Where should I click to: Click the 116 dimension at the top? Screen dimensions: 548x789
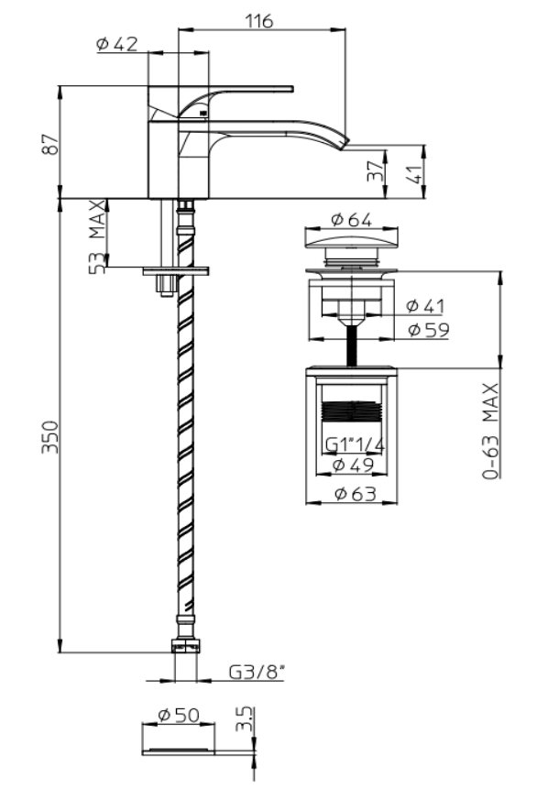pos(259,21)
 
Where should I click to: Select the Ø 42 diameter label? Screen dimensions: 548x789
pos(116,44)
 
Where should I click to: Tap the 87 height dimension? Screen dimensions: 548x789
pos(50,145)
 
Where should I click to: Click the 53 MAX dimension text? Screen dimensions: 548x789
pos(98,237)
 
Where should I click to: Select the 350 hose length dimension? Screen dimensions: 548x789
pos(50,437)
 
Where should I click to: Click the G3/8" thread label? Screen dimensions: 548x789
pos(258,672)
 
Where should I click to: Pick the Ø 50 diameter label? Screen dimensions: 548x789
pos(179,715)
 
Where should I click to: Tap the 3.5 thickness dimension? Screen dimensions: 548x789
pos(244,719)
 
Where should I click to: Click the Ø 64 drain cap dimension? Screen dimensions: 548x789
pos(352,219)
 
